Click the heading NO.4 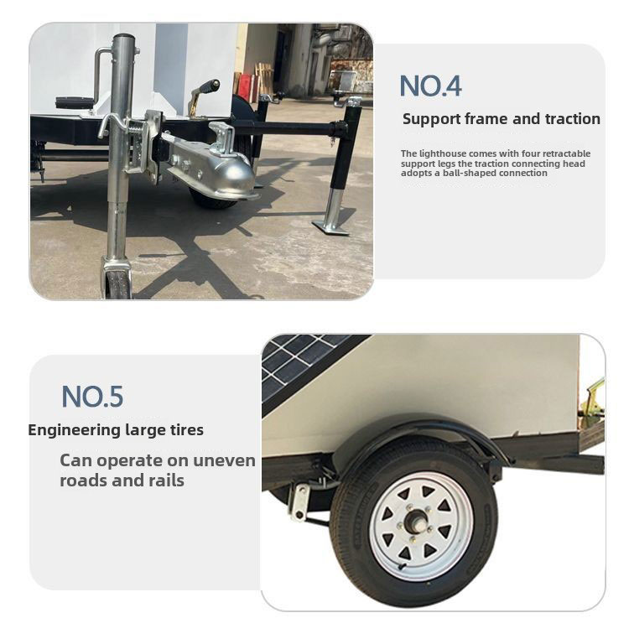pos(430,86)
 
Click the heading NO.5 pos(92,397)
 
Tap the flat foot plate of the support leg pos(330,227)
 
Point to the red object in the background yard pos(245,87)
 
